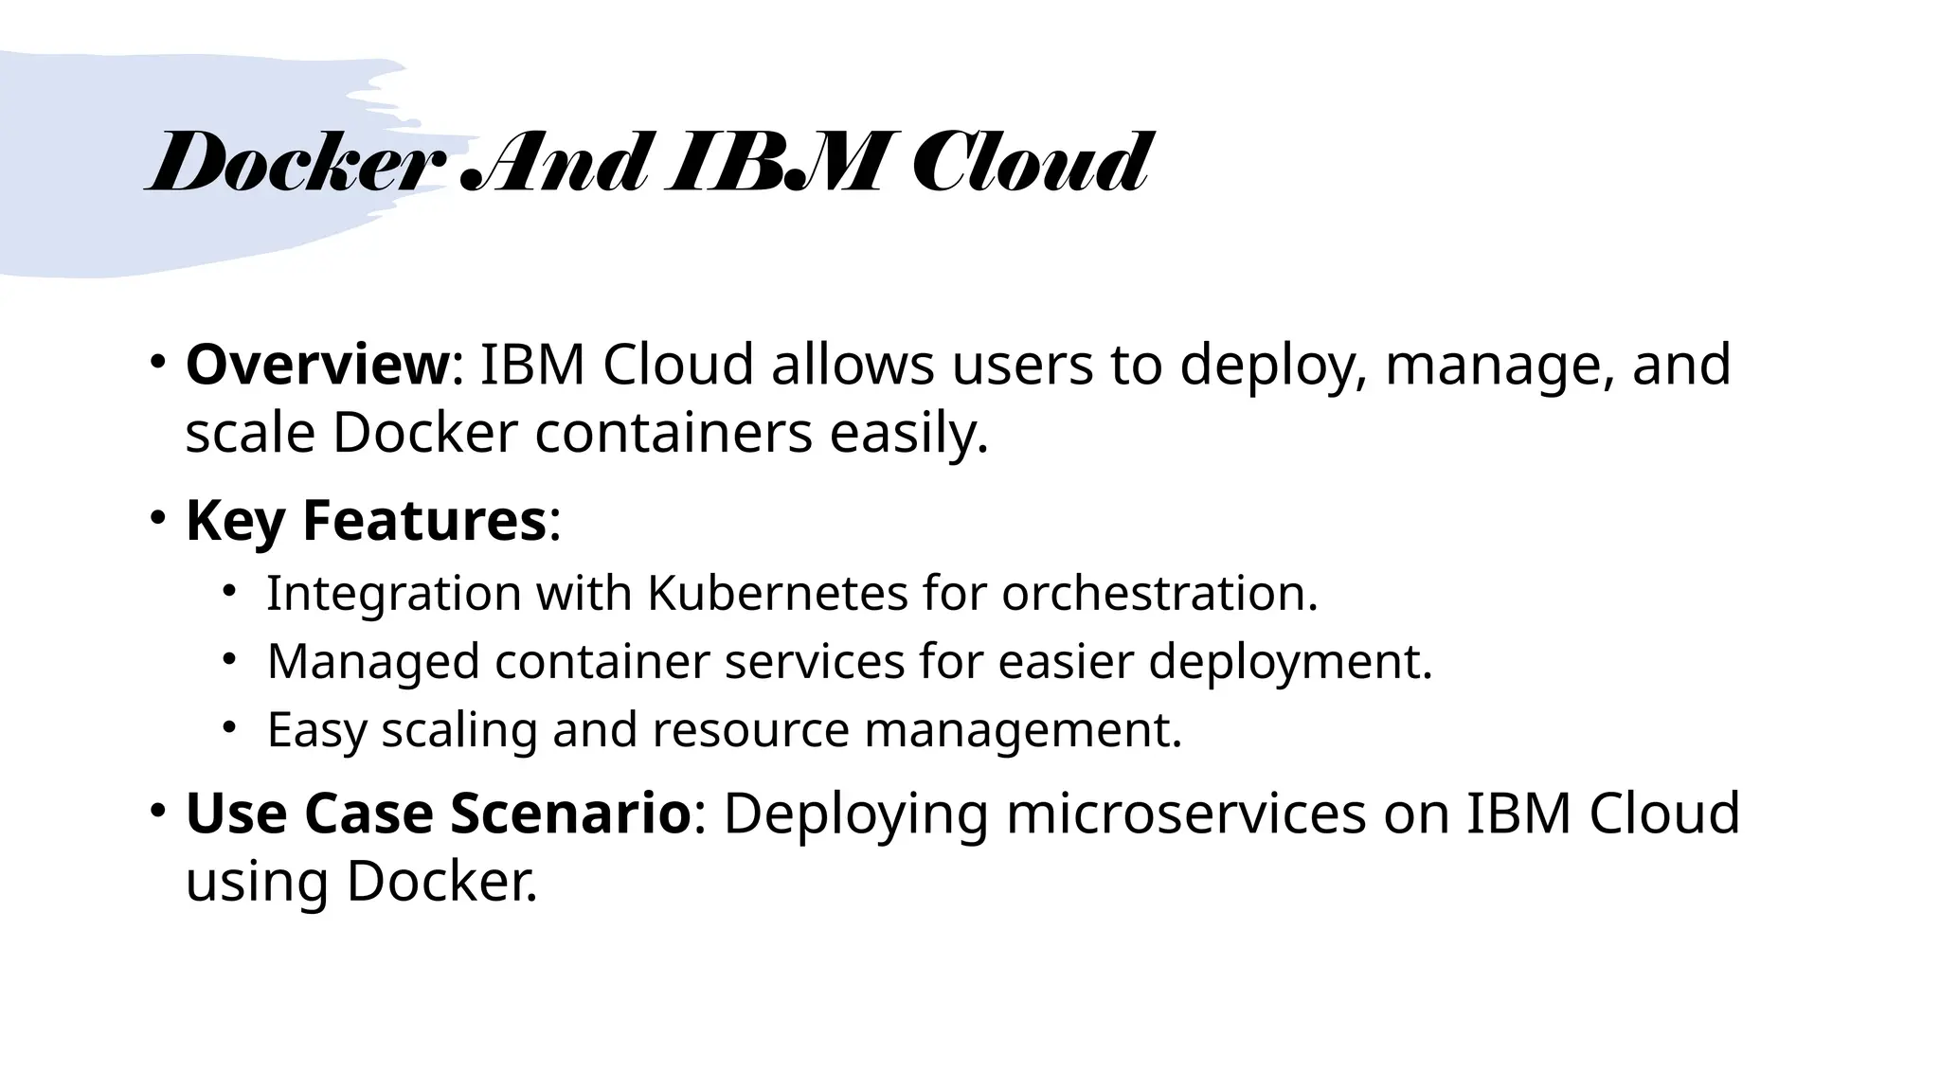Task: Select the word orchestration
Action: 1159,594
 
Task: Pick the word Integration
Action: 393,594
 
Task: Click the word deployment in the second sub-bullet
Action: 1290,662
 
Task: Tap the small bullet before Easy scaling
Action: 228,727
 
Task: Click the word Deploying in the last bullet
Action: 855,814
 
